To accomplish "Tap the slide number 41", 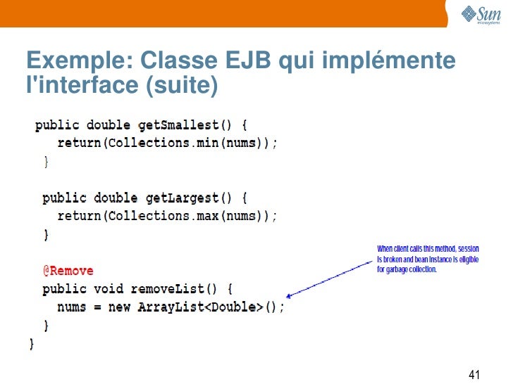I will point(474,373).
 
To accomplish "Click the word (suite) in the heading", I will point(182,85).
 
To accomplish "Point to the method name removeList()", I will point(179,289).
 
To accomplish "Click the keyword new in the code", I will point(120,307).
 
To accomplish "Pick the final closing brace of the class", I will point(31,344).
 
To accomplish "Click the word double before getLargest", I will point(116,198).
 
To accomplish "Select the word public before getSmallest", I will point(57,125).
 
